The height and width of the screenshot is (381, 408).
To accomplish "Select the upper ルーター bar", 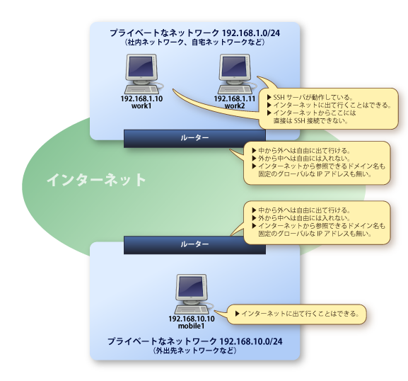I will [194, 138].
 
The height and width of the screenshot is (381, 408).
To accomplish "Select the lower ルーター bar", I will [194, 244].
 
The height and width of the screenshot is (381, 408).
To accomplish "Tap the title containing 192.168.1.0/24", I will [194, 33].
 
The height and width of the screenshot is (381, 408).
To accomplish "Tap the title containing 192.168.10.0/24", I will [194, 341].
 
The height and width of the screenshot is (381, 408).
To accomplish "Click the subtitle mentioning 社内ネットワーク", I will [194, 43].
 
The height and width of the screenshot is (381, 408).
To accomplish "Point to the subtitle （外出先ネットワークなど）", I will [194, 351].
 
